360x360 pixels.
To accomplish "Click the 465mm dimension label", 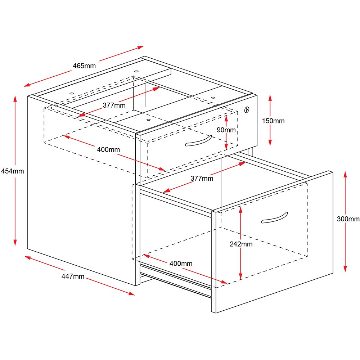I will [84, 66].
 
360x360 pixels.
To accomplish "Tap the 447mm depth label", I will [73, 276].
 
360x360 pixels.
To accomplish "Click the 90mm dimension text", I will [226, 130].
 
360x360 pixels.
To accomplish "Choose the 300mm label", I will [348, 219].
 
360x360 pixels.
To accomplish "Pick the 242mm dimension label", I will [241, 244].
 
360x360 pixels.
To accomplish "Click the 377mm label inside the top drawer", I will [114, 105].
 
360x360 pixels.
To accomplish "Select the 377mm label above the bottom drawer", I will [202, 178].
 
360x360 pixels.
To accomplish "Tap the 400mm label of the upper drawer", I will [108, 149].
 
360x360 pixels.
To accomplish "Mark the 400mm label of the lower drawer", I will [181, 264].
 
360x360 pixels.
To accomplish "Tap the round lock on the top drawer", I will [247, 109].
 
